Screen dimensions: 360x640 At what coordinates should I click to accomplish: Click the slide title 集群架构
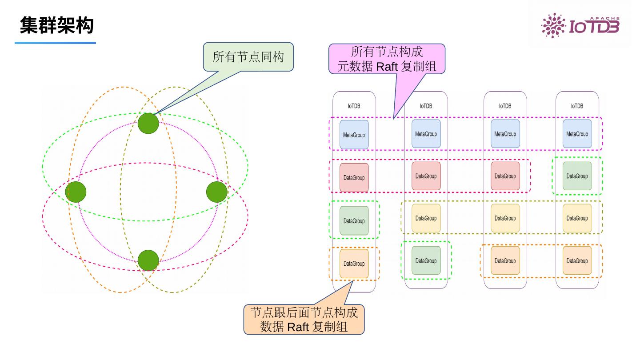click(x=56, y=25)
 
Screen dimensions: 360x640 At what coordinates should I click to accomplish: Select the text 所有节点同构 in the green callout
click(x=248, y=57)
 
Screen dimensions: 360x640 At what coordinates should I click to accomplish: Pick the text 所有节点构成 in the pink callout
click(x=387, y=52)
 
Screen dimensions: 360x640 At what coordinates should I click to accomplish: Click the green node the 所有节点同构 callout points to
click(x=148, y=124)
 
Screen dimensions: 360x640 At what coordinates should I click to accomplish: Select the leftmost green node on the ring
click(x=76, y=192)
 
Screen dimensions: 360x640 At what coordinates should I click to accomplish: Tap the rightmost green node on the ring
click(x=217, y=192)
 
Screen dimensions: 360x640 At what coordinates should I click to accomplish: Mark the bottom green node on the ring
click(x=148, y=260)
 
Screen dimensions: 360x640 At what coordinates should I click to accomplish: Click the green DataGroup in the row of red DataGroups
click(x=577, y=176)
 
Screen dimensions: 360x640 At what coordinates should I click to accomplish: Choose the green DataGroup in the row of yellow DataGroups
click(x=354, y=220)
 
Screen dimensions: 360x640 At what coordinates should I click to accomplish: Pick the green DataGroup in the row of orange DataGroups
click(x=426, y=261)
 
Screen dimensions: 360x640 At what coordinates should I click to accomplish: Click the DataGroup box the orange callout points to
click(x=354, y=264)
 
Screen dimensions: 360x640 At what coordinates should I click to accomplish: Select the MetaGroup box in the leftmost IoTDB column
click(x=354, y=134)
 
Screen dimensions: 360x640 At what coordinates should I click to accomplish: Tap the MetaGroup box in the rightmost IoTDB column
click(x=577, y=134)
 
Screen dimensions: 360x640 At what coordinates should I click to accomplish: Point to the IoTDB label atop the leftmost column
click(x=354, y=106)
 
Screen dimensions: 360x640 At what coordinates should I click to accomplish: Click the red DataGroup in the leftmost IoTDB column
click(x=354, y=178)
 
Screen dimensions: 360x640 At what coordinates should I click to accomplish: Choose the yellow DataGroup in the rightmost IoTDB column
click(x=577, y=218)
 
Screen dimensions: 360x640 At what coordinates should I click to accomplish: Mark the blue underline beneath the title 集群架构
click(x=55, y=43)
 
